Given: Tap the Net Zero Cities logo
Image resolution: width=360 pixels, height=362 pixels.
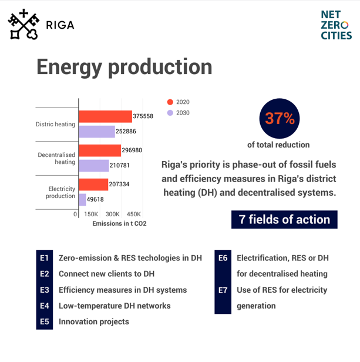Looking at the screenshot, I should tap(337, 25).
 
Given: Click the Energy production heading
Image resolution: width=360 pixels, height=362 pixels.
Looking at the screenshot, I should tap(125, 66).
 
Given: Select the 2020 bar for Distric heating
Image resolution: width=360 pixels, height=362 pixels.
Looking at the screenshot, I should tap(105, 116).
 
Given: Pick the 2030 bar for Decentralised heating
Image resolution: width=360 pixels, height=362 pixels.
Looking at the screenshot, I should tap(93, 166).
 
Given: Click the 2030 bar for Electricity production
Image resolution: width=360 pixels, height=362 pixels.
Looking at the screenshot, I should tap(82, 199).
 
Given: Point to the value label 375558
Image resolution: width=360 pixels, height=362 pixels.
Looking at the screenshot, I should tap(143, 116).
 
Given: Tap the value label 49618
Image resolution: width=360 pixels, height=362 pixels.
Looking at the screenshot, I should tap(95, 200).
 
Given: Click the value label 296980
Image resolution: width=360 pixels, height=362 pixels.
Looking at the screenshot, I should tap(132, 150).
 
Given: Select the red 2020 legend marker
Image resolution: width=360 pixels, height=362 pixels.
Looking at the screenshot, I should tap(169, 102).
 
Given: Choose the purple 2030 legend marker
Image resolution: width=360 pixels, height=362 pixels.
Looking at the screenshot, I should tap(169, 113).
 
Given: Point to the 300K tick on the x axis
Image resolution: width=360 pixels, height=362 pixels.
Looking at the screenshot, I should tap(113, 214).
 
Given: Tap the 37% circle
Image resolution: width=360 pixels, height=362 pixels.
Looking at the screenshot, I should tap(279, 118).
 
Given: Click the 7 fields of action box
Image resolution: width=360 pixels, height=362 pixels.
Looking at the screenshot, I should tap(285, 219).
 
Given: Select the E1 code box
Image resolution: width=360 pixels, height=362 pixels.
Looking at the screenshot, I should tap(44, 257).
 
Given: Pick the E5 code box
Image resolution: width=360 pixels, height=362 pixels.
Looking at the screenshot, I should tap(44, 321).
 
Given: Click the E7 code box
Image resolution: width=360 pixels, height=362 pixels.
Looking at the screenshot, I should tap(223, 290).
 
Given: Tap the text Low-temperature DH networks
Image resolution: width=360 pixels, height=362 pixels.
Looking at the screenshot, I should tap(115, 306).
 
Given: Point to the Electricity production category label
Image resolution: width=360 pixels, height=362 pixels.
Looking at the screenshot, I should tap(60, 192).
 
